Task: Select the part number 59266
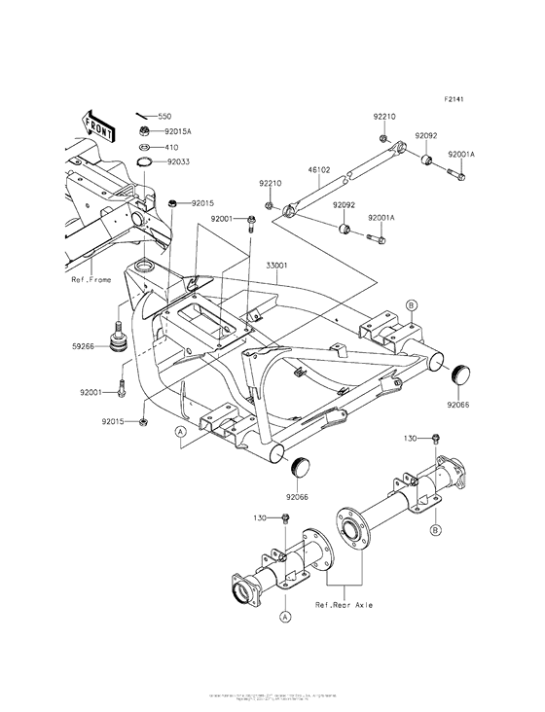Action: tap(83, 344)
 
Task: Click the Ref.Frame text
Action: tap(91, 280)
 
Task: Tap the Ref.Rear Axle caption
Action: tap(344, 605)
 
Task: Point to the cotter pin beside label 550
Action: tap(141, 116)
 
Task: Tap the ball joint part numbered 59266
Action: tap(121, 343)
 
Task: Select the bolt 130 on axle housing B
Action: tap(437, 442)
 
